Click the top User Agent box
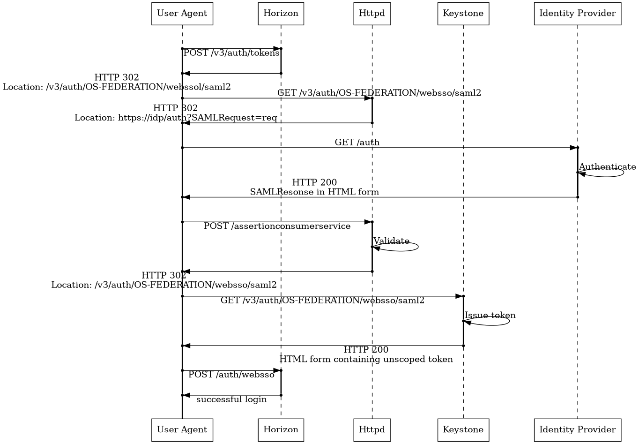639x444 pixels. tap(182, 14)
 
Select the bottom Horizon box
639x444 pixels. tap(281, 429)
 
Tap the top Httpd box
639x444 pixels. tap(372, 14)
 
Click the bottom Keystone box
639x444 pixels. tap(463, 429)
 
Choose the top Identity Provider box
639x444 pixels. tap(577, 14)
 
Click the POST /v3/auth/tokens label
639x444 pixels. tap(231, 53)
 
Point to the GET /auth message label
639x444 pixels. tap(357, 143)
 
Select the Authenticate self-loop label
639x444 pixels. tap(607, 167)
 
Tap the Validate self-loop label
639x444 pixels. tap(391, 241)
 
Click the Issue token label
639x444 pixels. tap(490, 315)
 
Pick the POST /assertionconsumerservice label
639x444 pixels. tap(277, 226)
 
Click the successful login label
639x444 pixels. tap(231, 399)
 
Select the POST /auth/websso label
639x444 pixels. tap(231, 375)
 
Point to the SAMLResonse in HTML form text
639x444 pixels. tap(314, 192)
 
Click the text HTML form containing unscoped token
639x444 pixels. tap(366, 360)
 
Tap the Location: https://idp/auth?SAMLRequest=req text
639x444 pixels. tap(176, 118)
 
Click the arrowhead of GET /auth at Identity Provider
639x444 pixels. tap(573, 148)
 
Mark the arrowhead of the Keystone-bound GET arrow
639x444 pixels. tap(459, 296)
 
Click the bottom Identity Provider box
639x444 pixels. tap(577, 429)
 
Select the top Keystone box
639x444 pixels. tap(463, 14)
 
